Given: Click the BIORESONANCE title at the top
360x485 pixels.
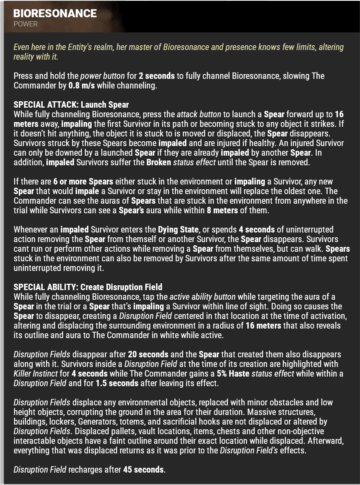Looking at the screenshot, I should [x=55, y=13].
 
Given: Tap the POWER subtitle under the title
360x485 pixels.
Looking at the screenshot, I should [x=25, y=24].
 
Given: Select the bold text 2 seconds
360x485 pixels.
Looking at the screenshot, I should [x=157, y=76].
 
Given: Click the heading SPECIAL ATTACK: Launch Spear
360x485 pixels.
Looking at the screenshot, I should [x=71, y=105].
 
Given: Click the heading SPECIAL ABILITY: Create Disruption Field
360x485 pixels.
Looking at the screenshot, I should [x=88, y=287].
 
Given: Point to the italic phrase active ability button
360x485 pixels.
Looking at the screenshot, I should [x=202, y=297].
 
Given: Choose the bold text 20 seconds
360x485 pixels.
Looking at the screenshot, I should [x=148, y=354].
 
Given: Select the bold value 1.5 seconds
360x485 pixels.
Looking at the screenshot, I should [x=117, y=383].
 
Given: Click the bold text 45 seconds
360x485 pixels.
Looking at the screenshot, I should [x=144, y=469].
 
